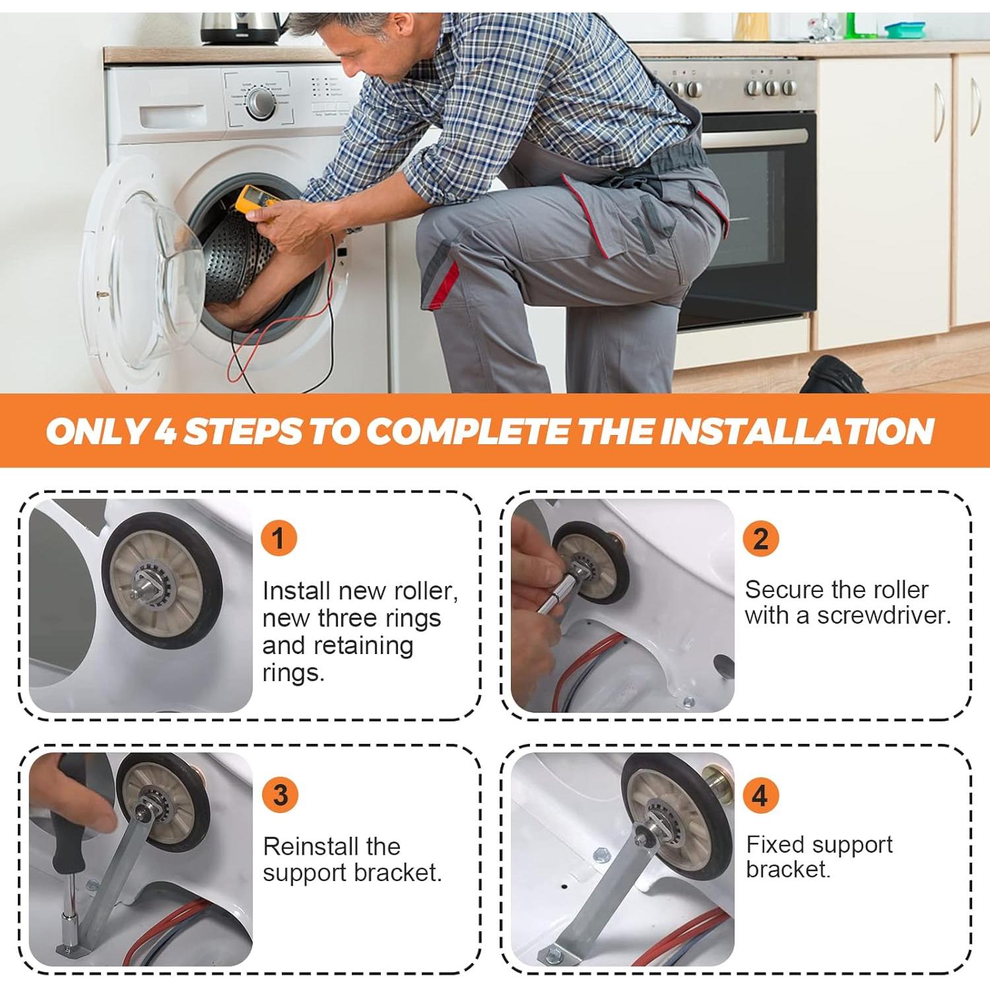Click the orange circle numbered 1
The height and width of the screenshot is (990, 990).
tap(279, 538)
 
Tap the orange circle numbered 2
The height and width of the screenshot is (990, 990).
tap(761, 539)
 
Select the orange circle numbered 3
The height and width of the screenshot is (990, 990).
tap(280, 795)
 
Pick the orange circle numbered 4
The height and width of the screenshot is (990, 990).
tap(761, 795)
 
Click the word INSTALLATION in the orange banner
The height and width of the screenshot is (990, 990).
tap(796, 431)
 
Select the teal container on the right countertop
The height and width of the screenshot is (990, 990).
tap(905, 30)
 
